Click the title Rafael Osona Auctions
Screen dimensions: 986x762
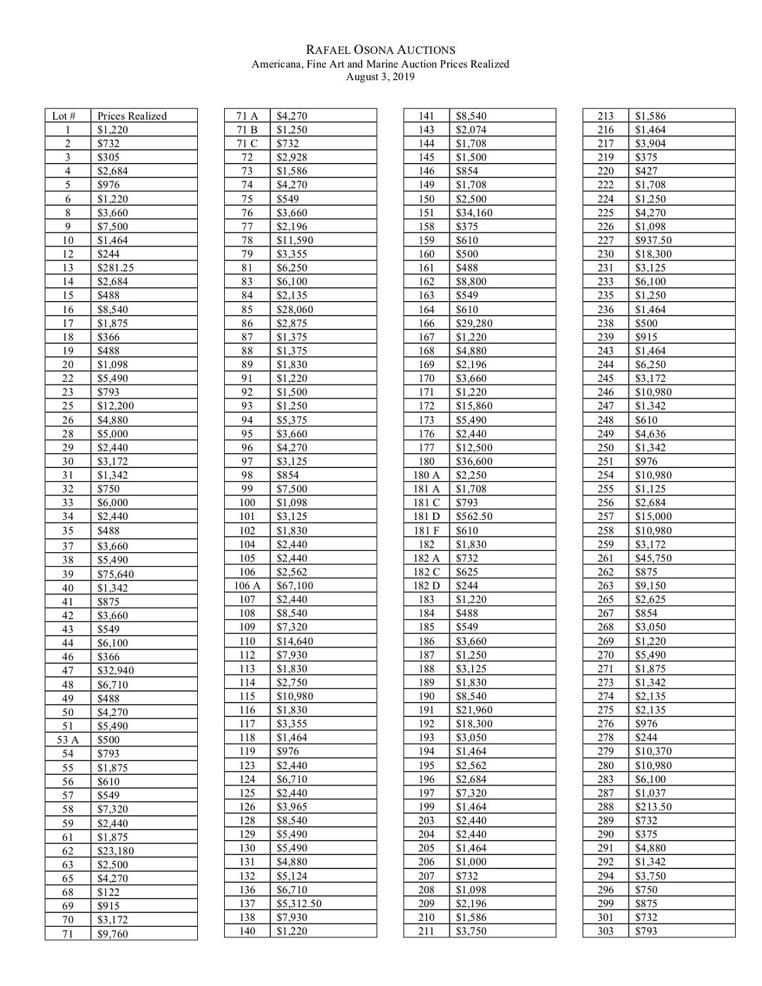[x=381, y=50]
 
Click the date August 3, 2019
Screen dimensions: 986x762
[x=381, y=77]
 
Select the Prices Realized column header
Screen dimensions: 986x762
[x=132, y=116]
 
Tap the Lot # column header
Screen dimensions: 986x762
[x=63, y=116]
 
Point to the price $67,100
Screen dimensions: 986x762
[x=295, y=586]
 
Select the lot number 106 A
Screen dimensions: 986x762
[x=247, y=586]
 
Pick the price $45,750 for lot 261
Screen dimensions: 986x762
[x=654, y=558]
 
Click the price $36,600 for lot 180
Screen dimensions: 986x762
[x=474, y=461]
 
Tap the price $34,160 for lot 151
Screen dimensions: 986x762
[x=474, y=213]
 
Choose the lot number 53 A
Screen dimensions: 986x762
[x=68, y=740]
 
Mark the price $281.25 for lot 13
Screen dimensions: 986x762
[x=116, y=268]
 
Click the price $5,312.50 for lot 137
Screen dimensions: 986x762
[x=299, y=904]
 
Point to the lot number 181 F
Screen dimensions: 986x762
[x=427, y=530]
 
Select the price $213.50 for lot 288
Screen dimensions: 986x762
[x=654, y=807]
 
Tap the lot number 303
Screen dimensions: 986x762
[x=606, y=931]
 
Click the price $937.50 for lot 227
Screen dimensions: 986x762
[x=654, y=241]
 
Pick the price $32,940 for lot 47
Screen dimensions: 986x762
[x=116, y=670]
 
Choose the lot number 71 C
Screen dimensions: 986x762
[x=247, y=143]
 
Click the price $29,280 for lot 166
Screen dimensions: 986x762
[x=474, y=323]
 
